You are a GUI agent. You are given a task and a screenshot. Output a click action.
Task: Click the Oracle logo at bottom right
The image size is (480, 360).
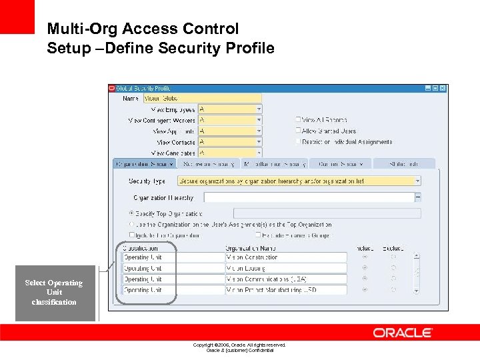click(x=403, y=333)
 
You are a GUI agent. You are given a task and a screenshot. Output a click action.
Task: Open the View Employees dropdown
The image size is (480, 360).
click(x=259, y=109)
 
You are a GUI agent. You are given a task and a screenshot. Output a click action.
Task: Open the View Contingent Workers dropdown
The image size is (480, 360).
click(x=259, y=121)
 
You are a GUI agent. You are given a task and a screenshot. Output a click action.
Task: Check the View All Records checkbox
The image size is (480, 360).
click(x=299, y=120)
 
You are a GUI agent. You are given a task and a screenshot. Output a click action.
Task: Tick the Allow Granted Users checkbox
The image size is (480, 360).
click(x=299, y=131)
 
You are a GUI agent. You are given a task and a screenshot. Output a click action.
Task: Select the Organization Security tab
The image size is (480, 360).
click(x=144, y=163)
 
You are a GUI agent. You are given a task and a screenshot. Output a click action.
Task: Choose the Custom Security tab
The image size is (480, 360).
click(x=340, y=163)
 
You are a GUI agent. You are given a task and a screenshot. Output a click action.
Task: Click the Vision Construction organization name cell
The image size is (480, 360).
click(x=286, y=257)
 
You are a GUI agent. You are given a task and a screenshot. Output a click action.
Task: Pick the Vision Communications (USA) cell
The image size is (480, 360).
click(x=286, y=279)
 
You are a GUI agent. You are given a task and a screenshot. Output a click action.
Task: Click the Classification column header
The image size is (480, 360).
click(x=139, y=247)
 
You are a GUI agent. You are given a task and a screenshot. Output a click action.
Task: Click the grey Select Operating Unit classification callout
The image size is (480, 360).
click(x=54, y=293)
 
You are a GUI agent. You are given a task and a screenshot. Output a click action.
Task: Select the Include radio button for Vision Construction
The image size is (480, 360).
click(x=365, y=257)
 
